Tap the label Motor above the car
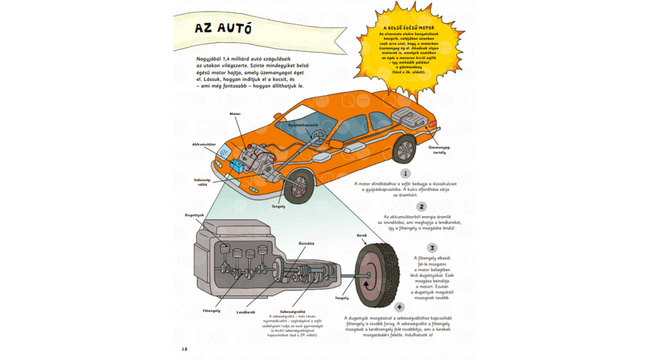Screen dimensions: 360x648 tap(235, 114)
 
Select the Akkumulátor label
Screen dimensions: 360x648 tap(204, 144)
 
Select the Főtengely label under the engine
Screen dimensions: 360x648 tap(212, 310)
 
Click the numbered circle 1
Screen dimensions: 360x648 tap(407, 173)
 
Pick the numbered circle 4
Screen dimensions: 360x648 tap(408, 307)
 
